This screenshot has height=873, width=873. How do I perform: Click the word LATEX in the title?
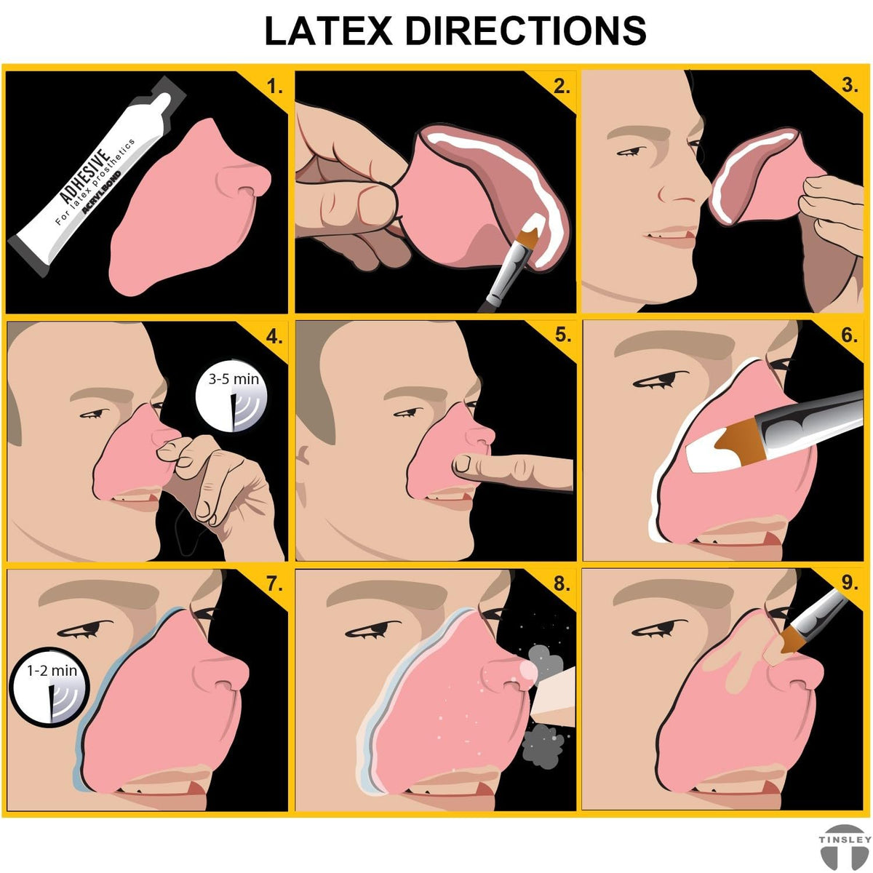[x=328, y=31]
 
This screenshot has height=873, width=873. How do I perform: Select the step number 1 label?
[x=274, y=85]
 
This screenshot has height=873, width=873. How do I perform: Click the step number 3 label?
[x=850, y=85]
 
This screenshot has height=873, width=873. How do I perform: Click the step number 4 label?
[x=274, y=337]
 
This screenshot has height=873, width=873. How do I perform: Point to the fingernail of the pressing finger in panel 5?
[x=463, y=463]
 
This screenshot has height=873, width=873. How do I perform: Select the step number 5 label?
[x=562, y=335]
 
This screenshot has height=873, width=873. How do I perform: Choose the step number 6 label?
[x=850, y=335]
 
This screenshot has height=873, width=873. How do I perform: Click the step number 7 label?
[x=274, y=584]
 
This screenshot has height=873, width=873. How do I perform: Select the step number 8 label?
[x=562, y=584]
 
